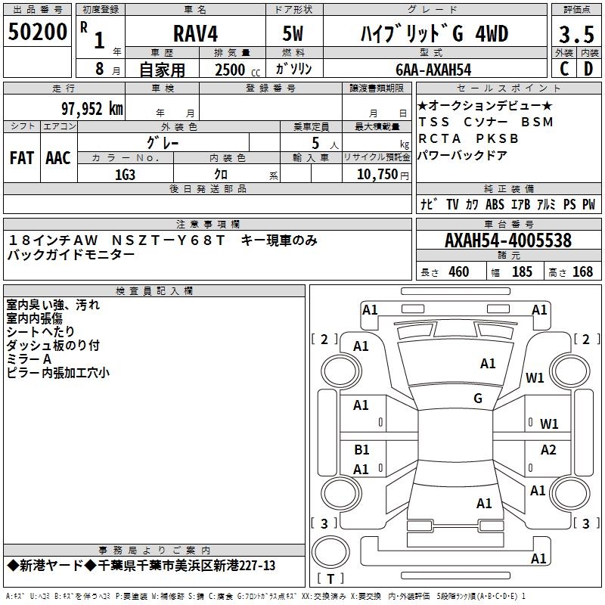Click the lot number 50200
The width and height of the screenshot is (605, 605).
[38, 32]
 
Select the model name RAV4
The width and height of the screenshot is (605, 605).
[194, 35]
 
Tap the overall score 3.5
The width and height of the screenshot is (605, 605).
[576, 35]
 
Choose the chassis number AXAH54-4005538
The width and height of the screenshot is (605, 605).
[507, 240]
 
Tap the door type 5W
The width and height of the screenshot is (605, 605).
[294, 35]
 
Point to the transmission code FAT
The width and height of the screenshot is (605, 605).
[22, 158]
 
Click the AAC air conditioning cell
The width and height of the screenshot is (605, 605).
[58, 158]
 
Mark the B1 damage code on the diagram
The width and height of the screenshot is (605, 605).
[361, 450]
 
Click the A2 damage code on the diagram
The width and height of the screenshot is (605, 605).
[548, 450]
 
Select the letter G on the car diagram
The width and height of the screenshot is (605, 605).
[478, 399]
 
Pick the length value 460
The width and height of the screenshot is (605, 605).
[458, 272]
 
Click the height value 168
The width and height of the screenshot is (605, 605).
[582, 272]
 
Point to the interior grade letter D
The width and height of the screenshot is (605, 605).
[588, 69]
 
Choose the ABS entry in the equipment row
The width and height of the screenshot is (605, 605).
[495, 205]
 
